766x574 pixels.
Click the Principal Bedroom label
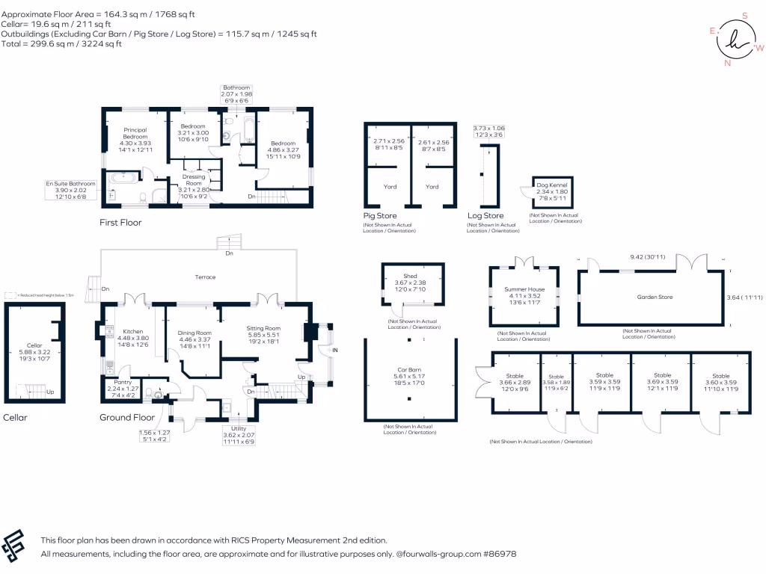[135, 133]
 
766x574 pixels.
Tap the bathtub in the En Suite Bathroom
[122, 179]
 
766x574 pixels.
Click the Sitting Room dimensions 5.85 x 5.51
[263, 336]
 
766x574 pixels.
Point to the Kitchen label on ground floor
[132, 330]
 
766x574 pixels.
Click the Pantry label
[123, 382]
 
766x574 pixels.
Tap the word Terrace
[205, 277]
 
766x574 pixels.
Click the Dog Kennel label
[552, 185]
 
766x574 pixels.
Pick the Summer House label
[524, 289]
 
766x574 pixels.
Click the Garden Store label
[655, 297]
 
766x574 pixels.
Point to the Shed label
[410, 276]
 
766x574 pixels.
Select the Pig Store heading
[379, 215]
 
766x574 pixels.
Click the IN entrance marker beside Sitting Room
[335, 350]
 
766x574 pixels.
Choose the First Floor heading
[120, 223]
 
